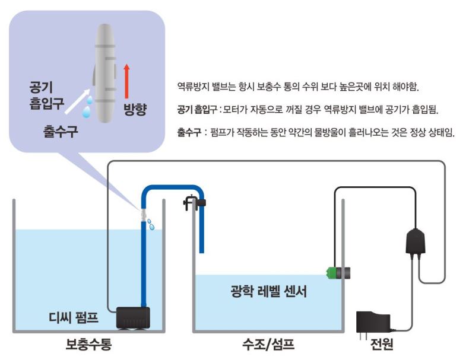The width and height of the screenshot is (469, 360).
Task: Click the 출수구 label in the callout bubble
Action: click(62, 130)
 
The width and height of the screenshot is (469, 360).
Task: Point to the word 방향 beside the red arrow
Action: click(135, 109)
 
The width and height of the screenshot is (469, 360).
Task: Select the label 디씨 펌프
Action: click(74, 318)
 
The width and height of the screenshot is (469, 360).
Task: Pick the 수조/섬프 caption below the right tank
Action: click(268, 345)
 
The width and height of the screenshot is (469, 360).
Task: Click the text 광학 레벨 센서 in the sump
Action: click(269, 292)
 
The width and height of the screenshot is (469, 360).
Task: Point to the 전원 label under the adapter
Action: click(382, 345)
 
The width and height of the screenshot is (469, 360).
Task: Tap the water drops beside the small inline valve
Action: click(152, 224)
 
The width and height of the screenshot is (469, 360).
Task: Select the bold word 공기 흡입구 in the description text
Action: click(196, 110)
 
